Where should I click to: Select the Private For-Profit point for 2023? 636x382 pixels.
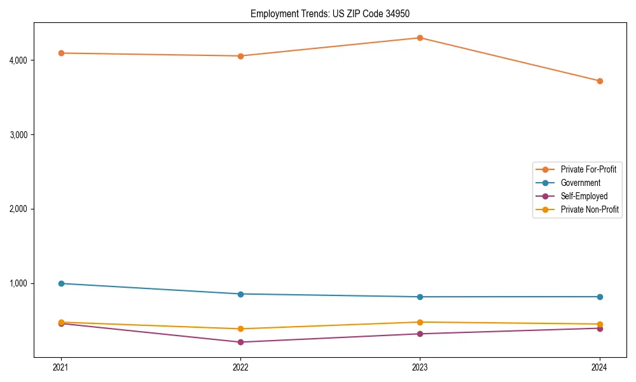[420, 38]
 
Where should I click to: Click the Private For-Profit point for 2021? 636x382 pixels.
[61, 53]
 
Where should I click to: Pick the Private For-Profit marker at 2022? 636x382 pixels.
[240, 56]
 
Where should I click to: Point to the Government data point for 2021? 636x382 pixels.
[61, 283]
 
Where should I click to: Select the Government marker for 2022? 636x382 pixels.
[240, 294]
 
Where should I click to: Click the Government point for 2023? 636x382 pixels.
[420, 297]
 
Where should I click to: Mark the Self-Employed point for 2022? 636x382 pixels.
[240, 342]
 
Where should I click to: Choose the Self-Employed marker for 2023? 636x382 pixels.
[420, 334]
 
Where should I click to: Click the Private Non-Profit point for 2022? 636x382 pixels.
[240, 329]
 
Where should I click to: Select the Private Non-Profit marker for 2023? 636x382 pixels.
[420, 322]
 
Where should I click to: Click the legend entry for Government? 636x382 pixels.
[580, 183]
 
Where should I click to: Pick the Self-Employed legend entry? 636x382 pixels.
[584, 196]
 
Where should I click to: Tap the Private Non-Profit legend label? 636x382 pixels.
[590, 209]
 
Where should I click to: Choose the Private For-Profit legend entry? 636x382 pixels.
[588, 169]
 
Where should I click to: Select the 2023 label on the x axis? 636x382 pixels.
[420, 367]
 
